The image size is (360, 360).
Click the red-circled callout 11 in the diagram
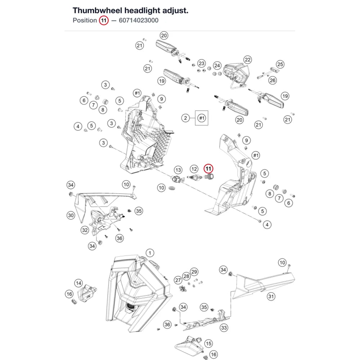pos(208,169)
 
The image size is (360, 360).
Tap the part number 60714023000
pos(139,21)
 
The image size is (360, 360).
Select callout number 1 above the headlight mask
pos(150,253)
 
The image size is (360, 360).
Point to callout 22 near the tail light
pos(248,60)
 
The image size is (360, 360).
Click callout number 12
pos(194,169)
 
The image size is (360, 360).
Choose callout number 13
pos(178,170)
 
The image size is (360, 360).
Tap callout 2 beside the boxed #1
pos(185,118)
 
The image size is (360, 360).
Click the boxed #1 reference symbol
pos(202,118)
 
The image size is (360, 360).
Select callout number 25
pos(280,64)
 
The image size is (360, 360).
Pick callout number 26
pos(273,80)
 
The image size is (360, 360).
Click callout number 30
pos(71,215)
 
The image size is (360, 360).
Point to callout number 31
pos(271,296)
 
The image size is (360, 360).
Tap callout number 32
pos(85,230)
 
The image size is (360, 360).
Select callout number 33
pos(224,328)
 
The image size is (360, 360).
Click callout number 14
pos(78,283)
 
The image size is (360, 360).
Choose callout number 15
pos(208,343)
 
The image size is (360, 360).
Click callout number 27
pos(178,280)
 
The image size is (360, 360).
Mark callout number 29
pos(194,272)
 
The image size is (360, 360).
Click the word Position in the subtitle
pos(85,21)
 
